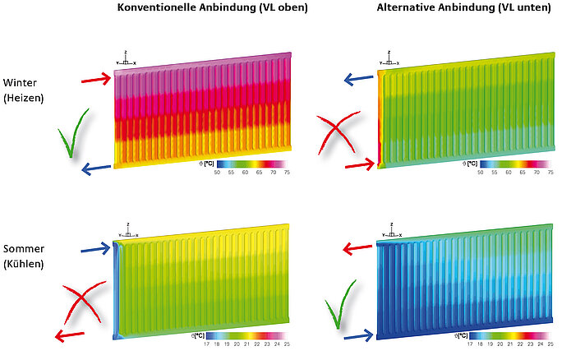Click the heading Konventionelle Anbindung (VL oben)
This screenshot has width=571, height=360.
[203, 8]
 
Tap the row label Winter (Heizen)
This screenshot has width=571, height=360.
[23, 90]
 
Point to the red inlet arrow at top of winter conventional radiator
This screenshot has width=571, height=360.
[96, 79]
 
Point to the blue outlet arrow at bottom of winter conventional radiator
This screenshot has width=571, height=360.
[96, 169]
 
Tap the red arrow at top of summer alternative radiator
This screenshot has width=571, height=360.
[358, 247]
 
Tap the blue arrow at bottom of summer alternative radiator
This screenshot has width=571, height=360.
[357, 335]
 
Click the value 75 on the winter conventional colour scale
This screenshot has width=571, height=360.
[286, 173]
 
